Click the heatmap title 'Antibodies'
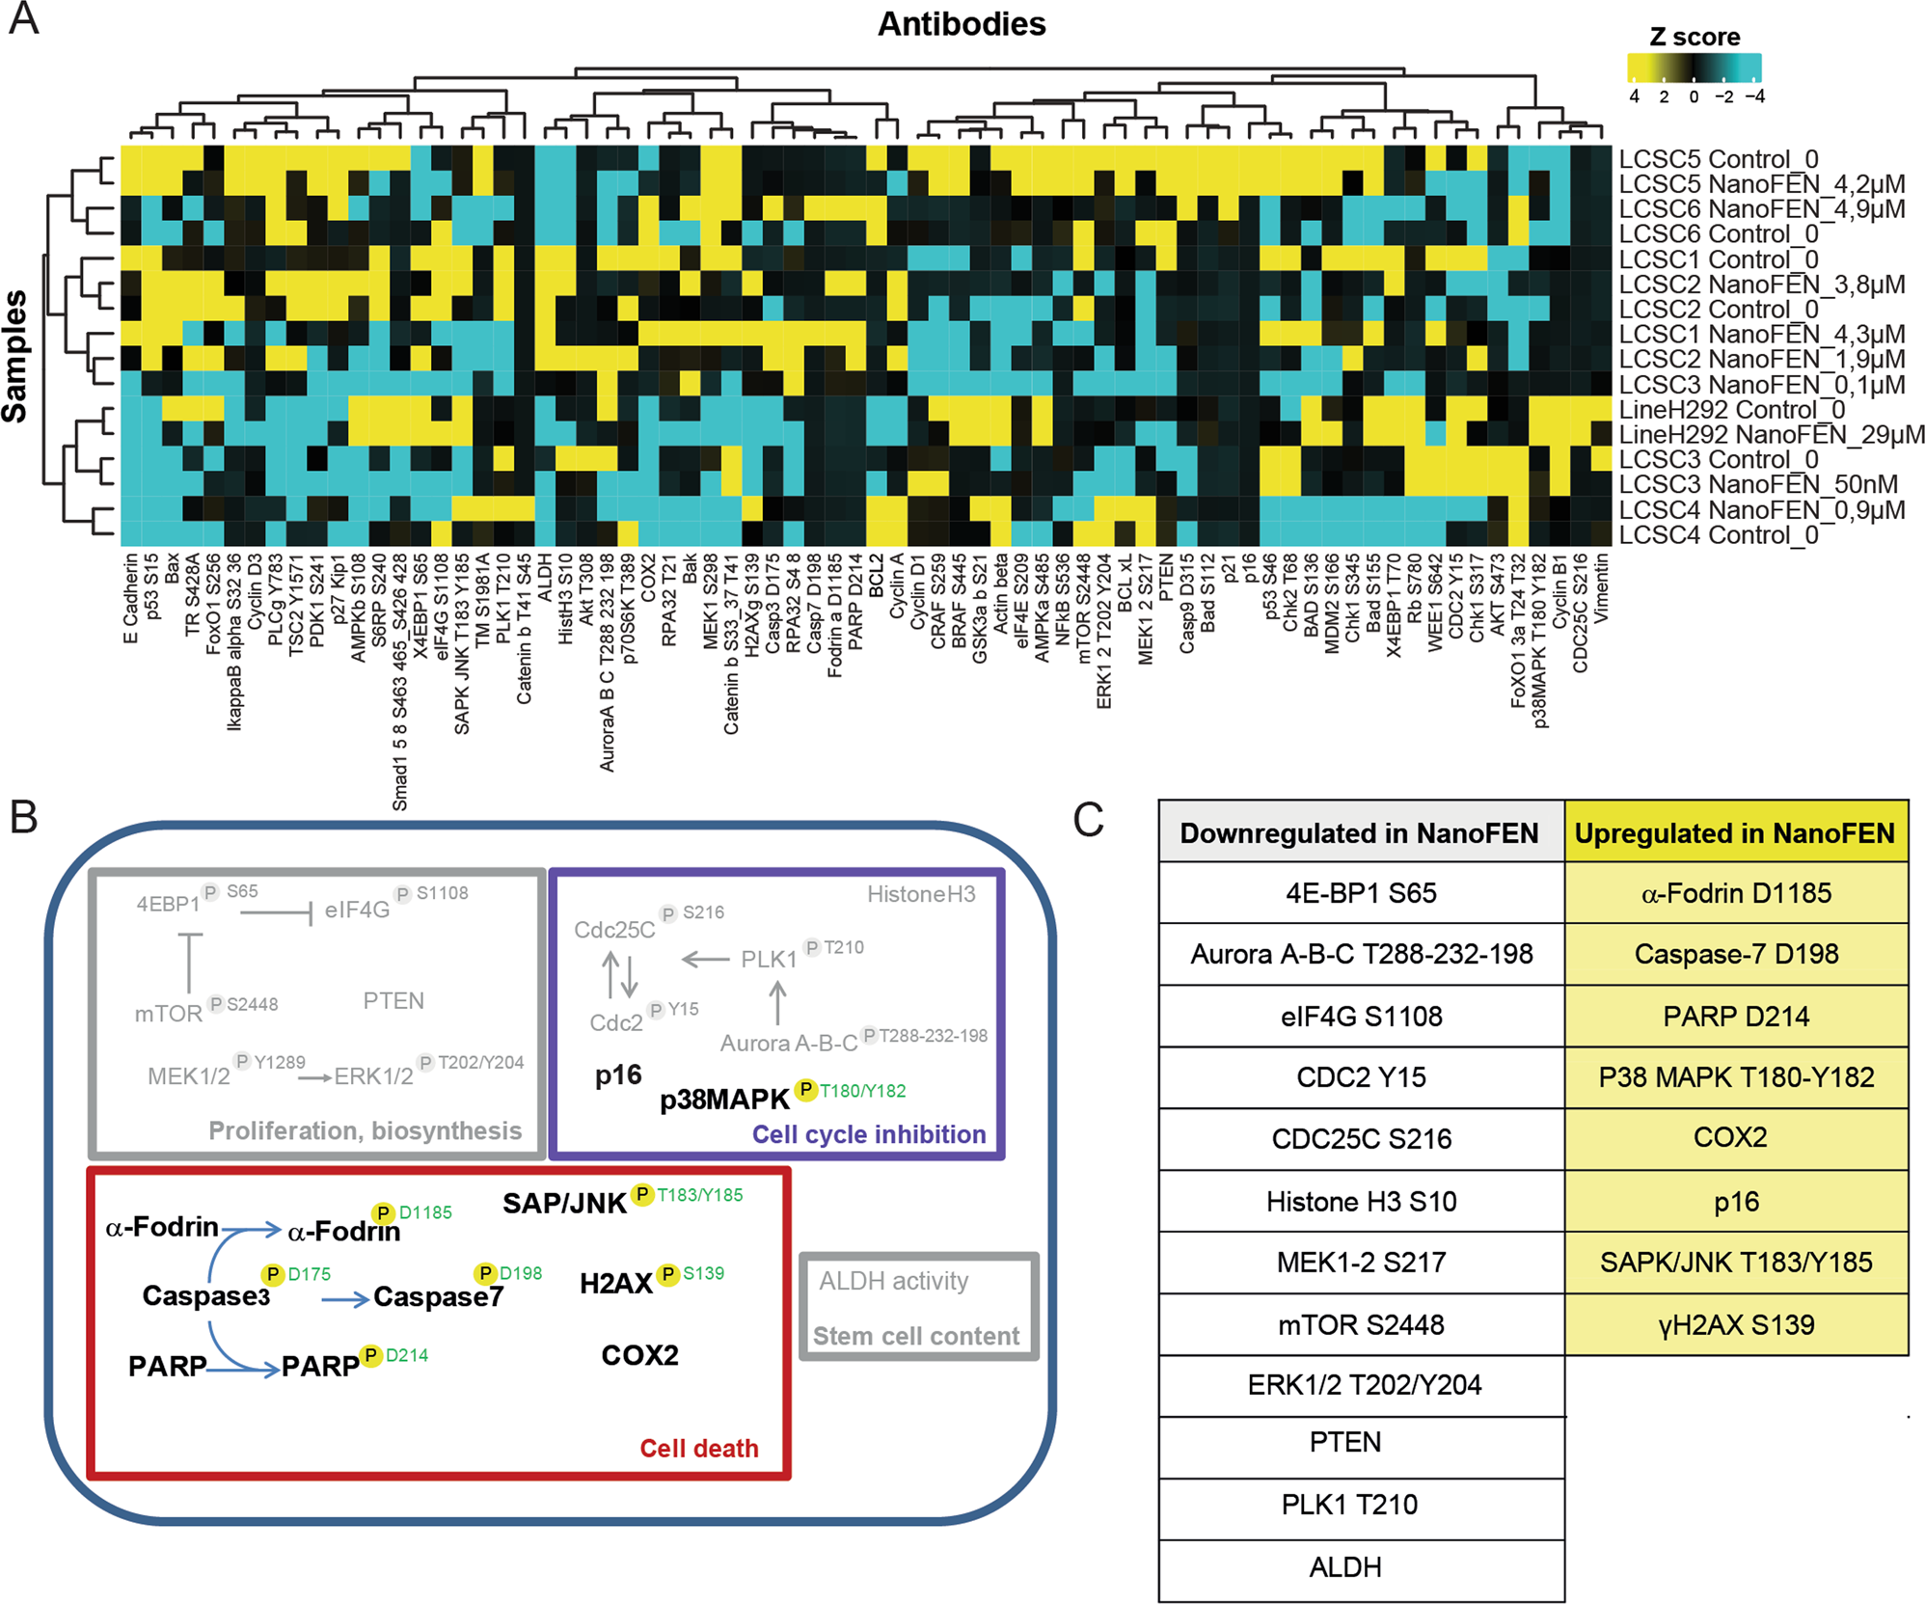coord(961,24)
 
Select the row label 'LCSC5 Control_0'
coord(1718,159)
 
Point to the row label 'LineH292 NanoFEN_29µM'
coord(1771,435)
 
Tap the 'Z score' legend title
coord(1695,38)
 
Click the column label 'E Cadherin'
coord(131,598)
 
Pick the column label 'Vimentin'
coord(1601,588)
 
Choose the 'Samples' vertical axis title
coord(15,357)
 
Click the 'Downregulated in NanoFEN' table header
coord(1359,833)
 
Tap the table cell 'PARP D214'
coord(1735,1017)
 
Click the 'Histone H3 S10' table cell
coord(1361,1202)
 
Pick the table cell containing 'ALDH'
coord(1345,1567)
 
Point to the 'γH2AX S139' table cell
coord(1735,1325)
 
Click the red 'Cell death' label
coord(699,1449)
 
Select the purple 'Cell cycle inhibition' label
coord(868,1134)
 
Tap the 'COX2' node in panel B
coord(639,1356)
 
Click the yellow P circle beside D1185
coord(384,1213)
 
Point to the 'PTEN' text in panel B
coord(393,1001)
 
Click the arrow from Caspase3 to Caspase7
coord(344,1300)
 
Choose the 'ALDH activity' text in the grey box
coord(893,1281)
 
